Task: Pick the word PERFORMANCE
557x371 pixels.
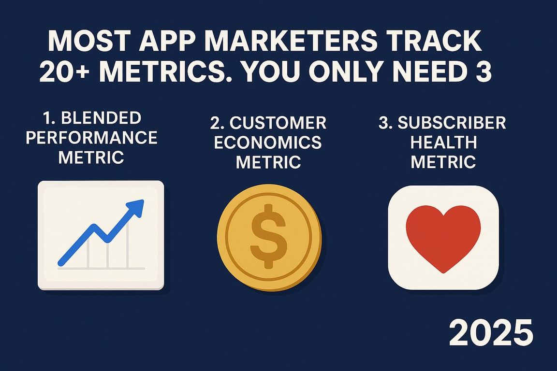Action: point(91,138)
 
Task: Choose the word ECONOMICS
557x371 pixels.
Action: point(268,143)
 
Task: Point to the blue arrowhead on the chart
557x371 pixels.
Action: point(137,206)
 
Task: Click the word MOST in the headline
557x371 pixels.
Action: point(81,42)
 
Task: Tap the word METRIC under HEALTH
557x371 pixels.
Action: point(443,162)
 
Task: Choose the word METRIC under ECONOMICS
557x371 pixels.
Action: point(268,162)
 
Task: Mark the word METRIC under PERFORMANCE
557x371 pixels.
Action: point(91,157)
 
